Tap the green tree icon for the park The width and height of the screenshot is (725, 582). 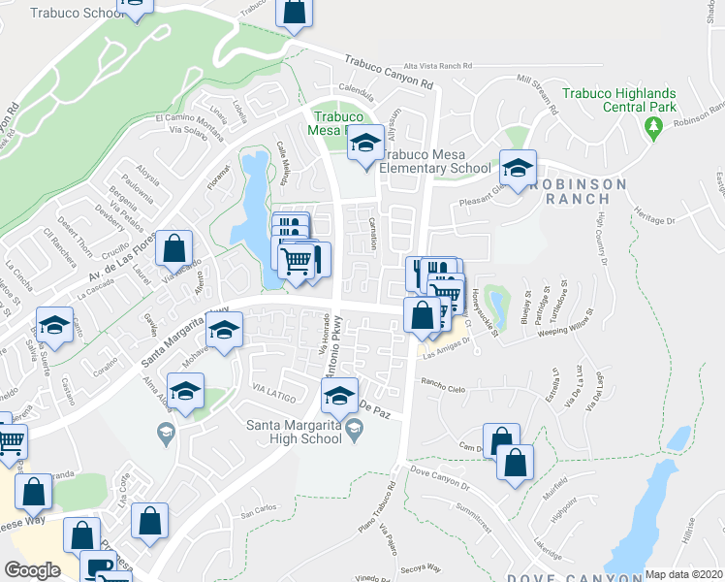pyautogui.click(x=654, y=126)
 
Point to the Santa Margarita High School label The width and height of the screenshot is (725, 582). pyautogui.click(x=296, y=431)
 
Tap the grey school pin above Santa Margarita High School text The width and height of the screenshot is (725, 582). pyautogui.click(x=355, y=428)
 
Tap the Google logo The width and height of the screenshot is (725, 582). pyautogui.click(x=32, y=570)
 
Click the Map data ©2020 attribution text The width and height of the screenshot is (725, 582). pyautogui.click(x=683, y=574)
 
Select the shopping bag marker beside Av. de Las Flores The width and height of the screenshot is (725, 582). pyautogui.click(x=174, y=250)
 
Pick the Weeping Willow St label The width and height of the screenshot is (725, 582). pyautogui.click(x=558, y=324)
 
